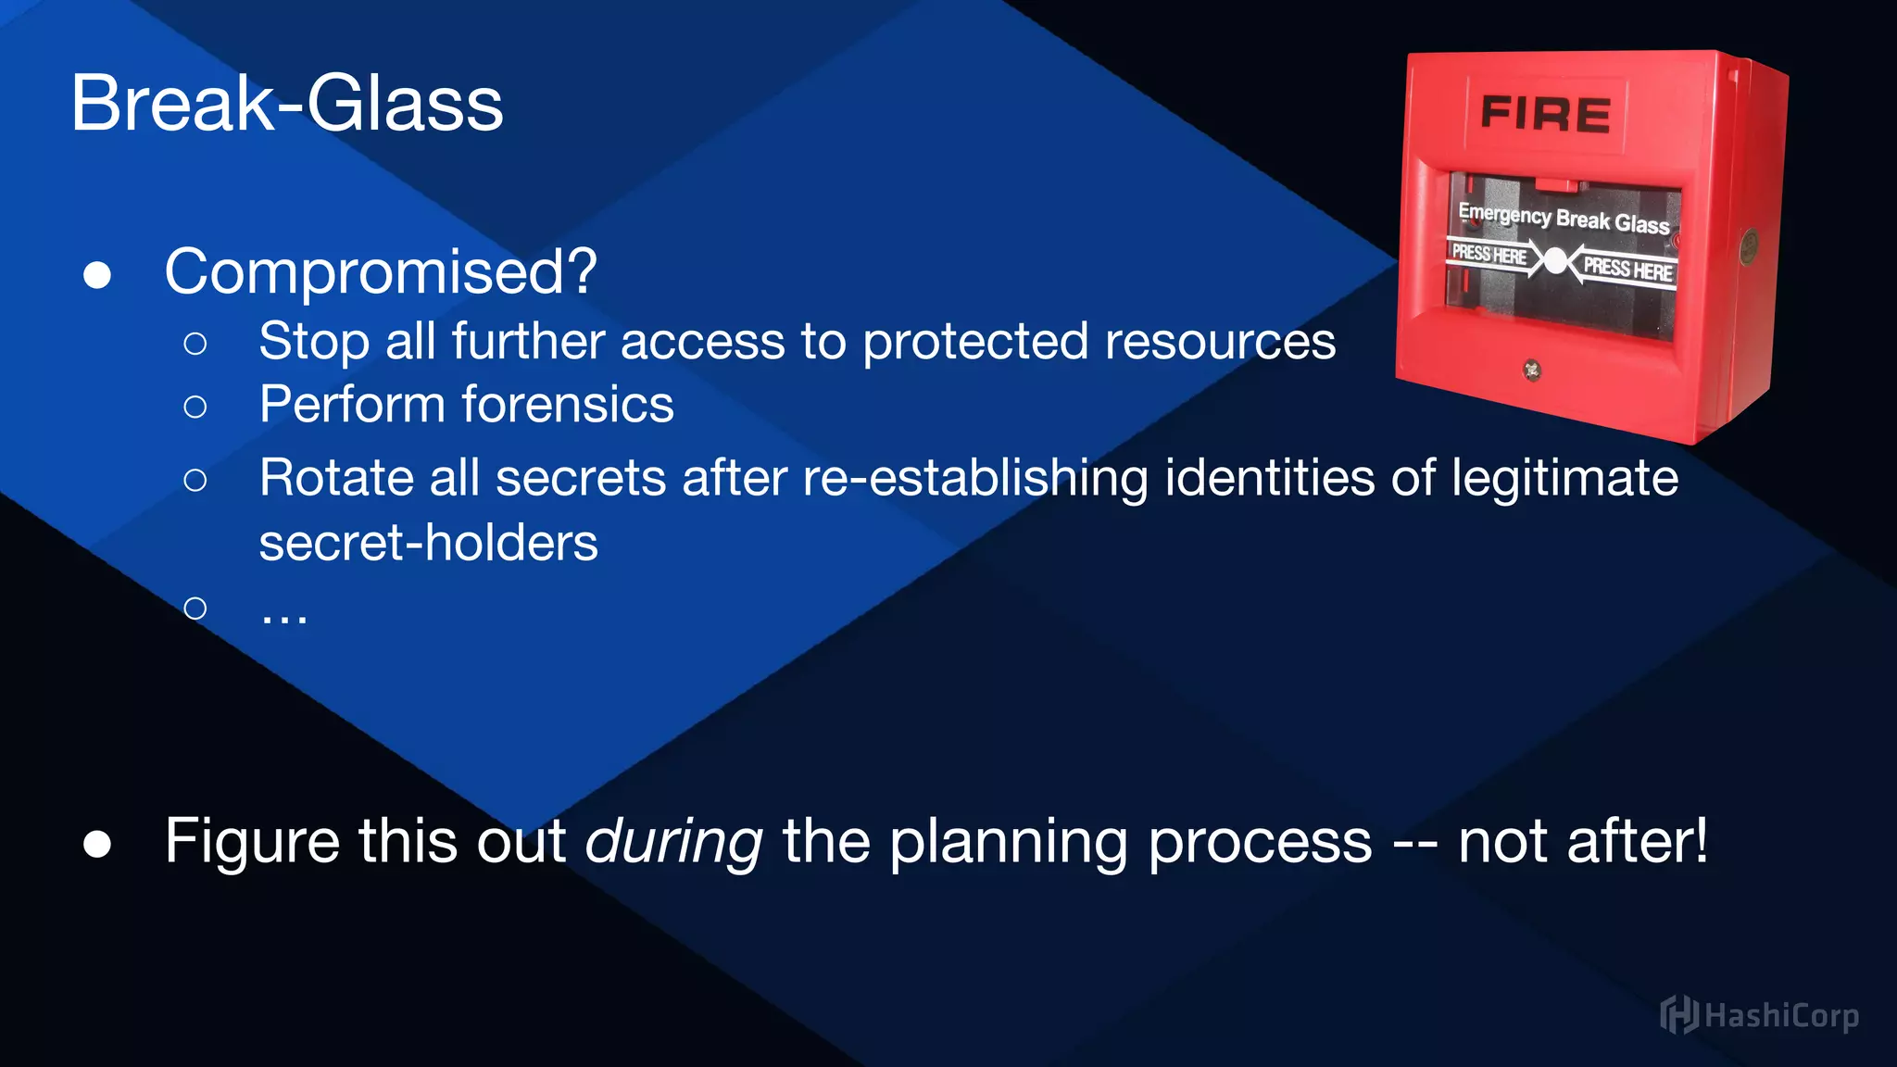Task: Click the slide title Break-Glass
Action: [x=286, y=104]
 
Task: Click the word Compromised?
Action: [x=380, y=272]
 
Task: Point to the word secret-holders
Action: [x=428, y=543]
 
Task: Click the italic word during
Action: [x=673, y=842]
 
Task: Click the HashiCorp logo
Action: [x=1759, y=1015]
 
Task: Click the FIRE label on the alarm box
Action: [x=1545, y=115]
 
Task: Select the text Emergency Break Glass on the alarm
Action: [x=1564, y=218]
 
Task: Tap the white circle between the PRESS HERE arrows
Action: [x=1556, y=261]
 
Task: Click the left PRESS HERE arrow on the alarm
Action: [x=1490, y=254]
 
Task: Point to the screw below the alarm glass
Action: [x=1532, y=370]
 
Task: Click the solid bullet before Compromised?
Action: [x=97, y=275]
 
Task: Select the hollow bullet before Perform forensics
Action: [x=195, y=407]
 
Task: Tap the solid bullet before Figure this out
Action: [x=97, y=844]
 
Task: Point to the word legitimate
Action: [x=1564, y=479]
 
